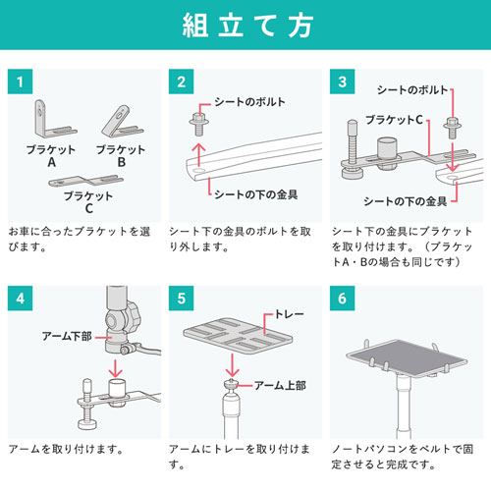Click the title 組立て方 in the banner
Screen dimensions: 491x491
(x=245, y=27)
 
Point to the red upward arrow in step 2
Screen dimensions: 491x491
(x=200, y=155)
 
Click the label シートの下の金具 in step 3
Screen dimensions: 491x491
(x=406, y=201)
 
